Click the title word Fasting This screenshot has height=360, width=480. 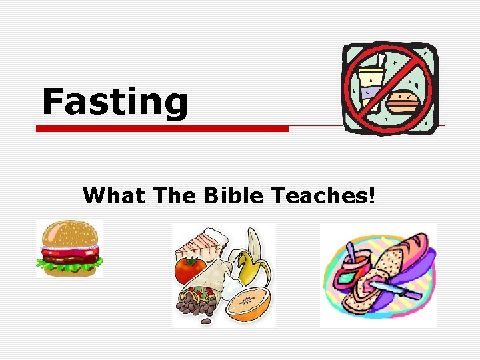point(115,102)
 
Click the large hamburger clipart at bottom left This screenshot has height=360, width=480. point(69,249)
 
